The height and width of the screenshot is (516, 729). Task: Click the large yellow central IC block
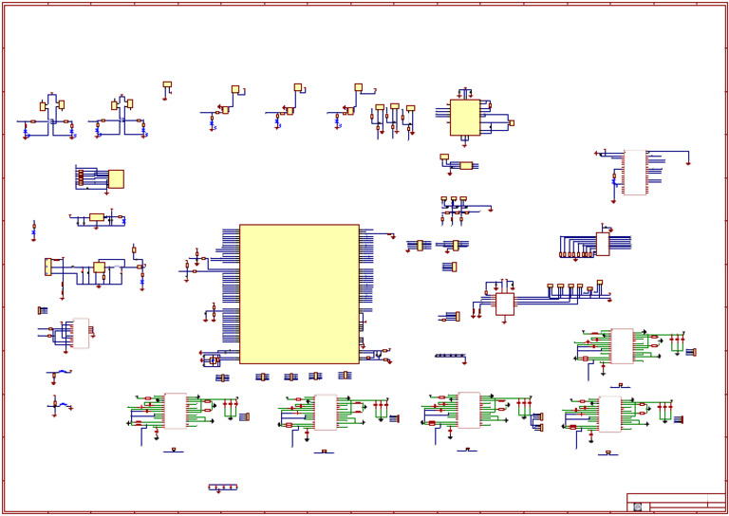point(299,293)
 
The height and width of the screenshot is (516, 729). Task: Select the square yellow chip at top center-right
point(464,118)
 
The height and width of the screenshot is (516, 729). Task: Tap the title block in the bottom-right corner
point(675,502)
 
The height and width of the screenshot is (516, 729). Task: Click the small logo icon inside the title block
point(637,507)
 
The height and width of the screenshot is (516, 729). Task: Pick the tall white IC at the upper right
point(634,173)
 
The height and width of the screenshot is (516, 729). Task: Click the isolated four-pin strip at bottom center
point(223,488)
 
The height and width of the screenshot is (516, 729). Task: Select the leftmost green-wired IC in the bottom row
point(175,411)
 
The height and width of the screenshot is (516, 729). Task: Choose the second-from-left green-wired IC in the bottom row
point(326,412)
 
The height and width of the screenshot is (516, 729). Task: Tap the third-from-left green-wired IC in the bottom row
point(469,410)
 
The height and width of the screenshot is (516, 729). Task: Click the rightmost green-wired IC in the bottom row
point(610,414)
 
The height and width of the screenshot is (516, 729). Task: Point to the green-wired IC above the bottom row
point(622,345)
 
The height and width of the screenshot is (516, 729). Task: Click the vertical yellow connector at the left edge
point(47,267)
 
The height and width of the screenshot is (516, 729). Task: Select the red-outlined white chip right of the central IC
point(505,304)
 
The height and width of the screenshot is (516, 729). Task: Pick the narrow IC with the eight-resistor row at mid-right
point(602,244)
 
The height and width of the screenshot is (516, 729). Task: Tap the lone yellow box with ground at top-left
point(167,85)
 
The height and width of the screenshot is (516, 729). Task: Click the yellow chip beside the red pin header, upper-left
point(116,178)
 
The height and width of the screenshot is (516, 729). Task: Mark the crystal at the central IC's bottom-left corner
point(215,360)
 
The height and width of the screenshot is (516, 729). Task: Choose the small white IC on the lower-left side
point(80,333)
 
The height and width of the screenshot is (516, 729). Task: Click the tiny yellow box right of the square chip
point(512,122)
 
